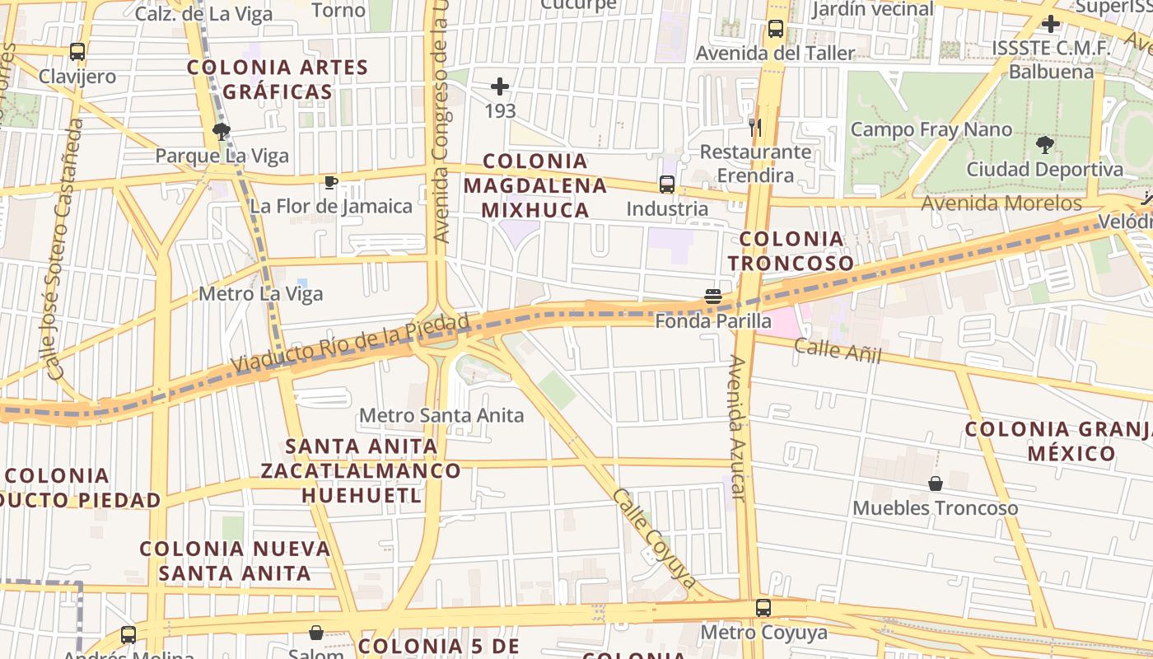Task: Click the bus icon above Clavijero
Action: pos(77,52)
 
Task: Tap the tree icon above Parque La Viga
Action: pos(221,131)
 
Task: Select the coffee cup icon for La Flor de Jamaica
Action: pos(331,182)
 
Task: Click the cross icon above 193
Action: pos(500,86)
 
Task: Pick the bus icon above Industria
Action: pos(667,185)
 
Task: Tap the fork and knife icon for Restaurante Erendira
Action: pos(754,127)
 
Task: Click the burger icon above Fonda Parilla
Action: pos(713,297)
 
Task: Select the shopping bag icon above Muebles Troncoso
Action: pos(936,484)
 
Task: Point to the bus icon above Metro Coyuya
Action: pos(763,608)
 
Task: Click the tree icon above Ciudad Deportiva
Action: pos(1044,145)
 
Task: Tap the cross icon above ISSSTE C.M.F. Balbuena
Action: pos(1051,23)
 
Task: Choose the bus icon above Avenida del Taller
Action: pos(775,29)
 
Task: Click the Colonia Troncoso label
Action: pos(791,251)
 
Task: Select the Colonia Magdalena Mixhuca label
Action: pos(535,185)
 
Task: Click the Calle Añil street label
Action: pos(838,351)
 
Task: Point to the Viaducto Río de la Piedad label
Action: pos(350,343)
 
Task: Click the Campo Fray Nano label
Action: pos(931,129)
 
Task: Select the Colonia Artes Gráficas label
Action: pos(278,79)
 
